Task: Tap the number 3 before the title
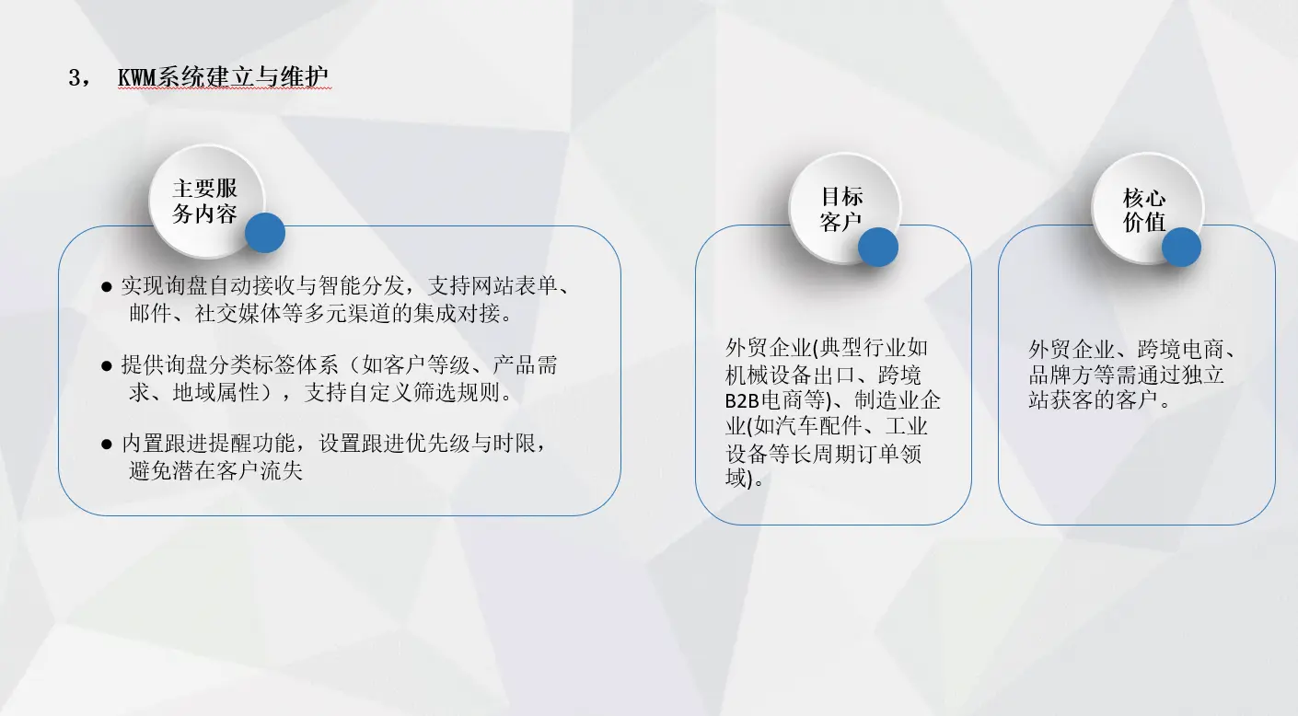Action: (x=75, y=77)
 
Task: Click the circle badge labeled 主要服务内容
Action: (x=206, y=201)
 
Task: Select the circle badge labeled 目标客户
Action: (x=844, y=209)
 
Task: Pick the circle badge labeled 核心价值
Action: (x=1147, y=209)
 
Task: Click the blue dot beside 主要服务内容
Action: (x=265, y=233)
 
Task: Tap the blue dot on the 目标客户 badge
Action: (x=878, y=247)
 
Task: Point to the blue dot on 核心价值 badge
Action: (x=1181, y=247)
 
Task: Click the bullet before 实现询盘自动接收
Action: (x=106, y=287)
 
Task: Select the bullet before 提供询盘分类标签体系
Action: (x=106, y=366)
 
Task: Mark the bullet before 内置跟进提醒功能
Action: (x=106, y=445)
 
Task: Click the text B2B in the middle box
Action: (x=742, y=401)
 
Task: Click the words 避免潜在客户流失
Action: (x=215, y=471)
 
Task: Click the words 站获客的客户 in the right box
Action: (x=1093, y=399)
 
